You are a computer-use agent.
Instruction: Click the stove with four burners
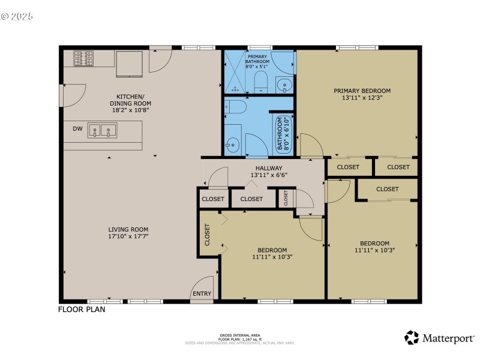pyautogui.click(x=84, y=58)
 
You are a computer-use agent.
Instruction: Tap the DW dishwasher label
pyautogui.click(x=77, y=128)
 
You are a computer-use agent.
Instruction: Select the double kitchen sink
pyautogui.click(x=101, y=130)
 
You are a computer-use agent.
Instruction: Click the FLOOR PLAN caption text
pyautogui.click(x=82, y=310)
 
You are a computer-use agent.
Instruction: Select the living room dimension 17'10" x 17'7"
pyautogui.click(x=128, y=236)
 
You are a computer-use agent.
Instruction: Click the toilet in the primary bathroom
pyautogui.click(x=260, y=82)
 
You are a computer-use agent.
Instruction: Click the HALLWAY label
pyautogui.click(x=269, y=168)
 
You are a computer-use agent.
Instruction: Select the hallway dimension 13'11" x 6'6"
pyautogui.click(x=269, y=176)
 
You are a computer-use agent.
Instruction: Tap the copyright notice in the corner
pyautogui.click(x=17, y=16)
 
